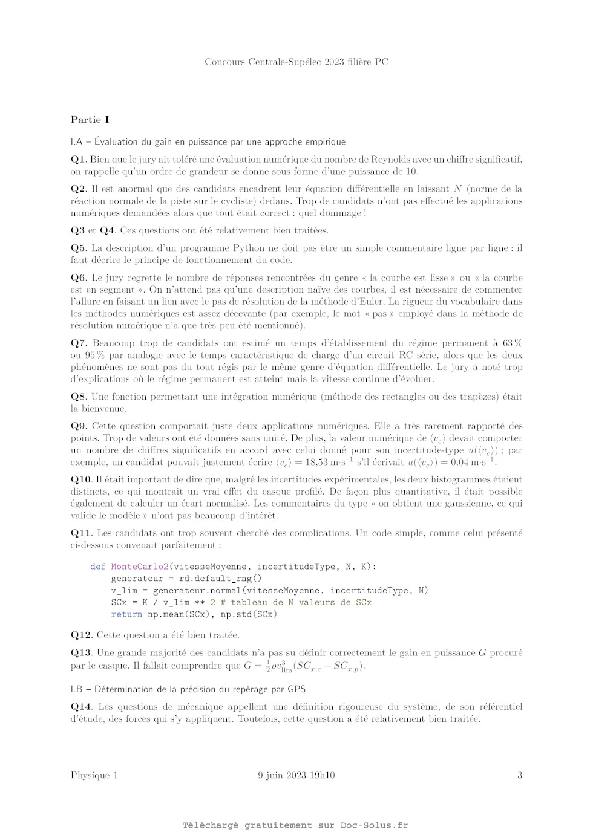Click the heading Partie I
click(x=90, y=120)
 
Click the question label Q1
click(x=78, y=160)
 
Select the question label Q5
click(x=78, y=248)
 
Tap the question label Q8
click(x=78, y=397)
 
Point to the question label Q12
click(x=81, y=635)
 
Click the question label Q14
click(x=81, y=707)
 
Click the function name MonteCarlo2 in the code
click(x=140, y=567)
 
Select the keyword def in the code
click(x=97, y=567)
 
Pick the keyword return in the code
click(x=126, y=614)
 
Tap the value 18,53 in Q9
click(x=314, y=463)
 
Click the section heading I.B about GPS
click(x=188, y=689)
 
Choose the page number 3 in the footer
click(x=519, y=775)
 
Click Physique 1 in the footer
click(x=94, y=775)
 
